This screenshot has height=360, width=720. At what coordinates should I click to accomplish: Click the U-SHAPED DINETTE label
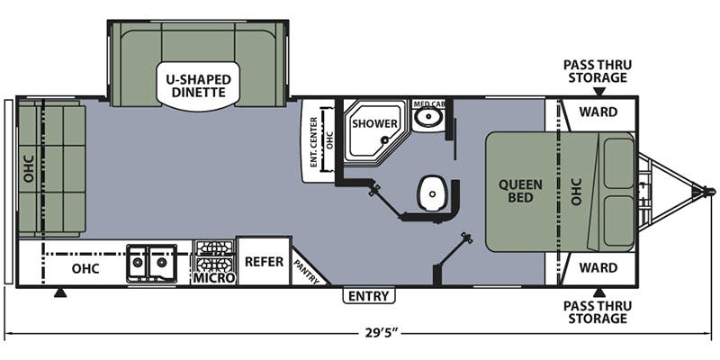199,85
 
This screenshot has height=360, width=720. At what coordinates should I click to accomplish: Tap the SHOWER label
369,122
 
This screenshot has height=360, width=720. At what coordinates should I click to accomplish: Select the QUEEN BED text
521,192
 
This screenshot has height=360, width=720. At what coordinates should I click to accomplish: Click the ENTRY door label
368,296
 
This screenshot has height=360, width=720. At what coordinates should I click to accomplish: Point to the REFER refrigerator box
264,262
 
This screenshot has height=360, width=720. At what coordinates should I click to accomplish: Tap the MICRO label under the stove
214,279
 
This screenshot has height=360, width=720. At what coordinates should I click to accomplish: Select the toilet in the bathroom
432,191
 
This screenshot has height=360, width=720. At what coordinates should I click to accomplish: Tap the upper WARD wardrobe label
598,114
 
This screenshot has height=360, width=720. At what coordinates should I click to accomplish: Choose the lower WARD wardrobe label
598,267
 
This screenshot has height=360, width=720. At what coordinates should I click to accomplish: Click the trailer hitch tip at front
709,192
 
